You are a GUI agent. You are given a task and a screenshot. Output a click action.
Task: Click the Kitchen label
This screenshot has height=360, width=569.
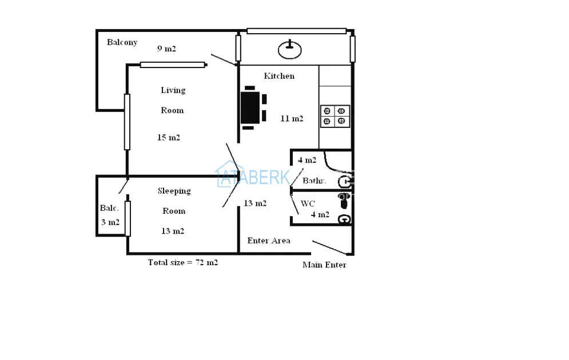coord(279,76)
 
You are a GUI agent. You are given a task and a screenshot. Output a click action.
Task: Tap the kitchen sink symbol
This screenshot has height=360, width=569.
coord(289,50)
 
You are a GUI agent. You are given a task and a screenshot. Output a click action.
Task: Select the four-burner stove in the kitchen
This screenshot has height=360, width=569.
coord(335,116)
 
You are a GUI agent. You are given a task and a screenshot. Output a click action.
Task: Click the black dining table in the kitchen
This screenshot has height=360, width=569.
coord(250,107)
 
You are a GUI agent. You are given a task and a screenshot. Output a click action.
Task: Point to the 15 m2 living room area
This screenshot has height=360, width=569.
coord(168,137)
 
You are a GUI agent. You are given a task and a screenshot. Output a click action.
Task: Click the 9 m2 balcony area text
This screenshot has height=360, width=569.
coord(166,49)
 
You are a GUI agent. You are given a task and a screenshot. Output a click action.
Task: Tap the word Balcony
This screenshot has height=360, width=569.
coord(122,42)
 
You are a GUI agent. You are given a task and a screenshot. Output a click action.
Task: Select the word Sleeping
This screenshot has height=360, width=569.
coord(174,191)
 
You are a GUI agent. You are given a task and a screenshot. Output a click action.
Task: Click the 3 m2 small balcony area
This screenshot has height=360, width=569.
coord(110,222)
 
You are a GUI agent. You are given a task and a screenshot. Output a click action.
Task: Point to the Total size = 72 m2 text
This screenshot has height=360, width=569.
coord(183,262)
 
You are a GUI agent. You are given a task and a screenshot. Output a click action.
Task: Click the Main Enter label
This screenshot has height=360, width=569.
coord(324,265)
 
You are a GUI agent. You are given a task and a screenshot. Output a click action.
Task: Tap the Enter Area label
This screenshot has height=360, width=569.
coord(269,241)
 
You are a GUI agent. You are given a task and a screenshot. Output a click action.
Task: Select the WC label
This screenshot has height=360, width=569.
coord(308,204)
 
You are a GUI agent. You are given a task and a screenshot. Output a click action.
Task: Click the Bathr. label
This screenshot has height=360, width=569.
coord(315,181)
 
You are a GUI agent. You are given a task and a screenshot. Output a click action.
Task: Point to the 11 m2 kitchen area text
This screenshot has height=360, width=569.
coord(292,118)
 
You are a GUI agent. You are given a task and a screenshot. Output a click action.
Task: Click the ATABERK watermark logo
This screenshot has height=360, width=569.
coord(253,175)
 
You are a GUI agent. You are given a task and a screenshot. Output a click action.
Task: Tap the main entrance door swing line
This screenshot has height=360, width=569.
coord(329,247)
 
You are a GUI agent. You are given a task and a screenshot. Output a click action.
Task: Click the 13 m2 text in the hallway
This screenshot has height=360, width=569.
coord(255,203)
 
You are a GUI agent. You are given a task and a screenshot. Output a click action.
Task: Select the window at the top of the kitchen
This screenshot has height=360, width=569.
coord(296,31)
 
